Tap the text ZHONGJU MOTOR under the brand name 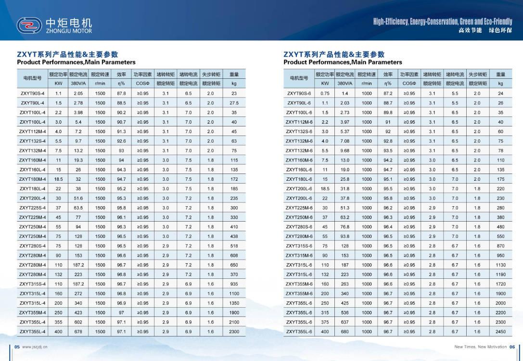click(x=68, y=31)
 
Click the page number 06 click(x=512, y=347)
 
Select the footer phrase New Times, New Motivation click(x=480, y=347)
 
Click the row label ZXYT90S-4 click(x=33, y=93)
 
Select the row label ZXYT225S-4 click(x=33, y=208)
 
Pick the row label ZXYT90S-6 click(x=299, y=93)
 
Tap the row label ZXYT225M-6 click(x=299, y=208)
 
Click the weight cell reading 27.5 click(x=234, y=103)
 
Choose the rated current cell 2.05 click(x=78, y=93)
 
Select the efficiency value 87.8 click(x=121, y=93)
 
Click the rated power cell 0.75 click(x=325, y=93)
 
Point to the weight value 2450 click(x=500, y=332)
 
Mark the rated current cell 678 click(x=78, y=332)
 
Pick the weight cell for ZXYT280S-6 click(x=500, y=227)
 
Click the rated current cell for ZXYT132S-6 click(x=345, y=132)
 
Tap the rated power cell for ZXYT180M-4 click(x=58, y=179)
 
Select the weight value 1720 click(x=500, y=284)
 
